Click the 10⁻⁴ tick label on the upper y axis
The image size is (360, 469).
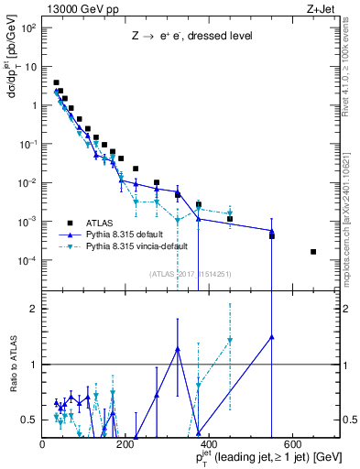point(28,260)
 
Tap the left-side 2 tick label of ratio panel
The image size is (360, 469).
point(34,309)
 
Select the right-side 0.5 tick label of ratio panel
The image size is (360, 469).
point(349,420)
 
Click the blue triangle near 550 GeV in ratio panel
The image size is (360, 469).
point(271,336)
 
